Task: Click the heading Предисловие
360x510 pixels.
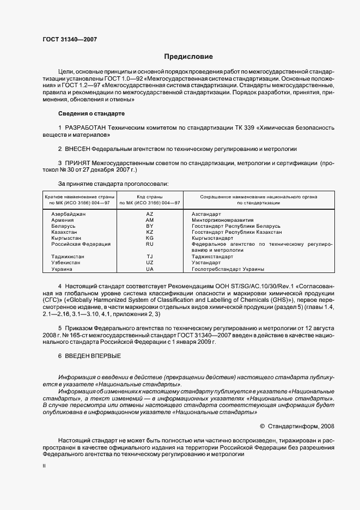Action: coord(188,57)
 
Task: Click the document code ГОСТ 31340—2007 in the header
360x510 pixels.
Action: coord(66,39)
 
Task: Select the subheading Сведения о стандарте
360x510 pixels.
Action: coord(91,113)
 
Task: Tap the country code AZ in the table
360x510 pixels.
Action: coord(150,214)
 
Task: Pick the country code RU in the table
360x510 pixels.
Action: coord(150,244)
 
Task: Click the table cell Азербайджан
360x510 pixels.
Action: coord(69,214)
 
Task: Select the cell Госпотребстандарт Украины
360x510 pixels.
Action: coord(228,269)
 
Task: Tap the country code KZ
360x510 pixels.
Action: coord(150,232)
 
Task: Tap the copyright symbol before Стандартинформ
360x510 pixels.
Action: coord(262,426)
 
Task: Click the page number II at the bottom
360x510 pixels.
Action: coord(44,466)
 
